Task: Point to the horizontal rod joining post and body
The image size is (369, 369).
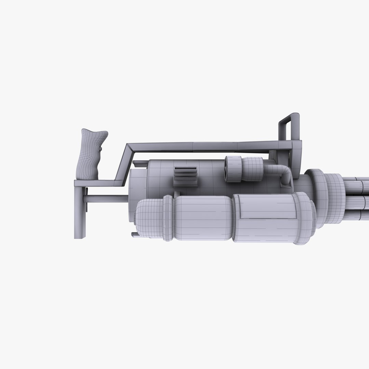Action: click(106, 199)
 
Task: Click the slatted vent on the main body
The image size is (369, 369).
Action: click(185, 176)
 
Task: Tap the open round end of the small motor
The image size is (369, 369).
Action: click(229, 169)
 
